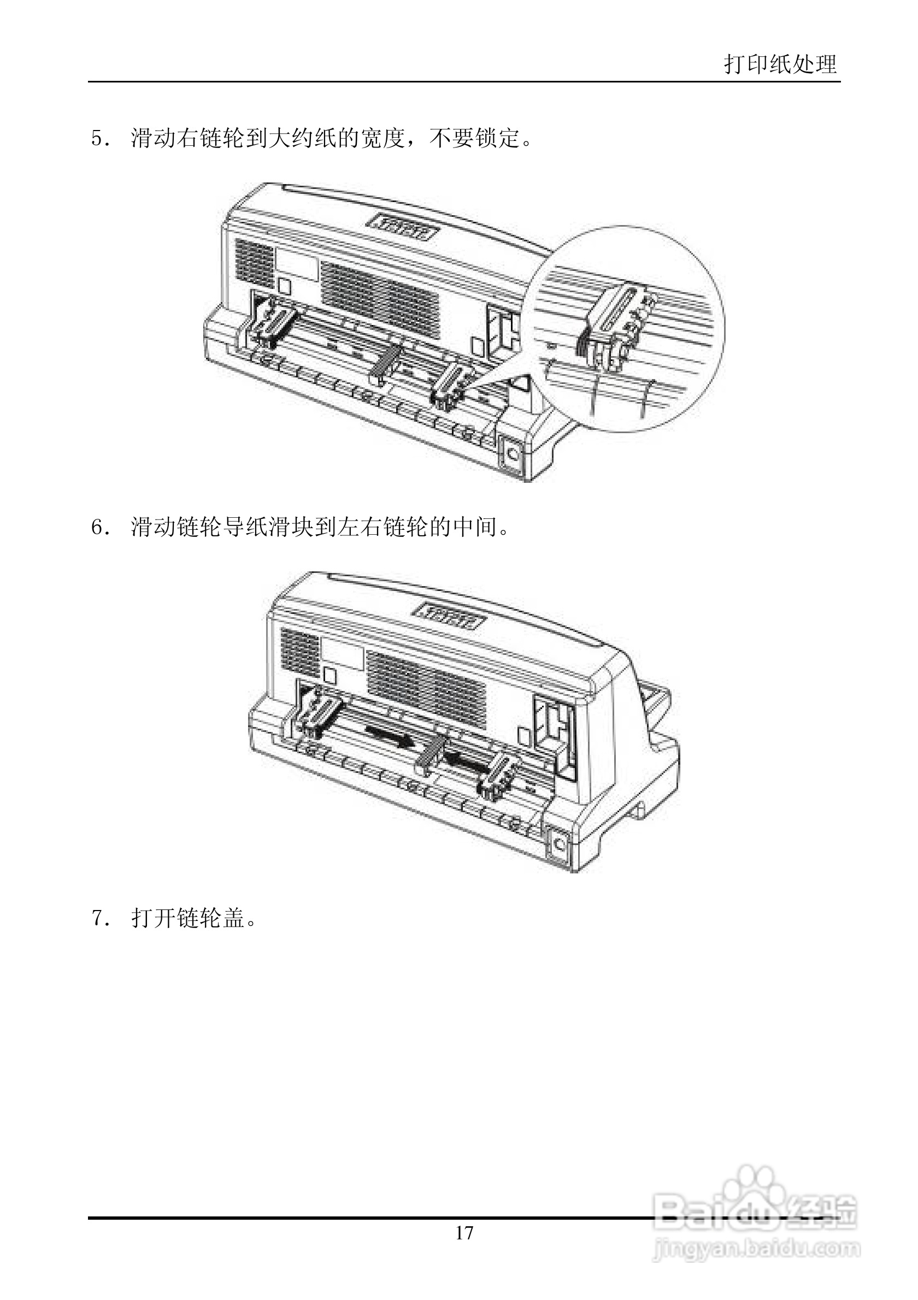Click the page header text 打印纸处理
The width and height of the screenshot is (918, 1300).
coord(780,64)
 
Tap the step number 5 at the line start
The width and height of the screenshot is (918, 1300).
coord(97,139)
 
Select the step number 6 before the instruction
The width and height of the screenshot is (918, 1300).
coord(97,528)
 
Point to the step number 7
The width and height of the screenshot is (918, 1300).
coord(97,918)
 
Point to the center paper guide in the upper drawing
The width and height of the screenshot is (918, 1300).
coord(386,363)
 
